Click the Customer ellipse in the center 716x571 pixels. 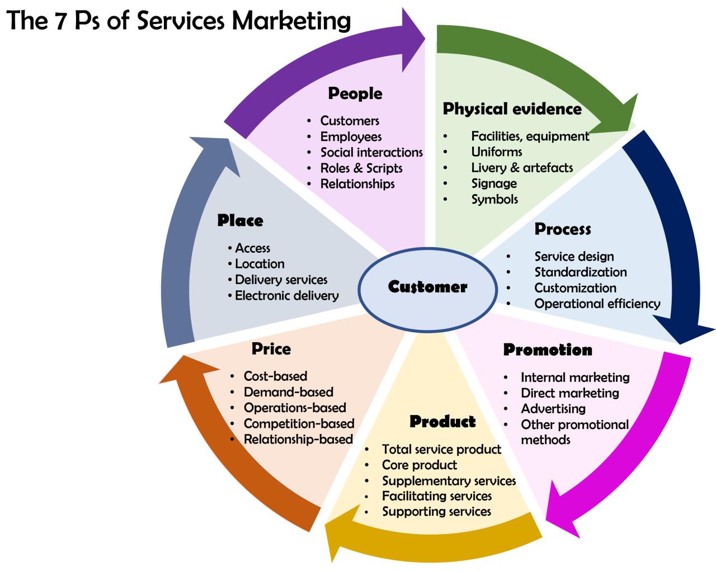pyautogui.click(x=427, y=287)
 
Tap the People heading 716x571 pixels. pyautogui.click(x=355, y=93)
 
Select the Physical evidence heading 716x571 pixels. pyautogui.click(x=512, y=109)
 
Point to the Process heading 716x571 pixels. pyautogui.click(x=562, y=229)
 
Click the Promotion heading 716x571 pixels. pyautogui.click(x=547, y=350)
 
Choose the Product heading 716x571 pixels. pyautogui.click(x=442, y=422)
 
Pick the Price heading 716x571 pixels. pyautogui.click(x=271, y=349)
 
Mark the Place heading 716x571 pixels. pyautogui.click(x=240, y=221)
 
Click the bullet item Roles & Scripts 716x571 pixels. pyautogui.click(x=361, y=168)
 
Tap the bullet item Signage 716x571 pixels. pyautogui.click(x=493, y=183)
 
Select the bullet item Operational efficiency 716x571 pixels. pyautogui.click(x=597, y=304)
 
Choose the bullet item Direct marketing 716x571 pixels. pyautogui.click(x=569, y=393)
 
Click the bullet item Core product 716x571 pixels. pyautogui.click(x=419, y=465)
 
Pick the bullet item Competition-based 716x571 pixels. pyautogui.click(x=299, y=424)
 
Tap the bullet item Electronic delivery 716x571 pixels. pyautogui.click(x=286, y=296)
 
